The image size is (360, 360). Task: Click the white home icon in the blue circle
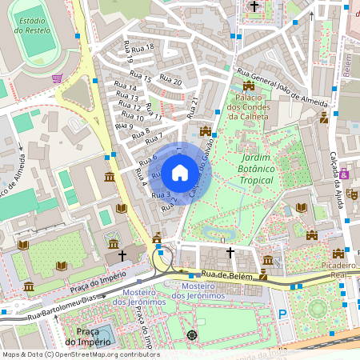click(180, 172)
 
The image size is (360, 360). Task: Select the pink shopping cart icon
click(57, 78)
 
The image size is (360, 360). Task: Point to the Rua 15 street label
click(129, 78)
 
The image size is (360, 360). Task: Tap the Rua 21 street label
click(191, 107)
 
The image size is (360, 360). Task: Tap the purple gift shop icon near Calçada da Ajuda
click(344, 173)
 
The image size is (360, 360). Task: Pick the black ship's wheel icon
click(191, 334)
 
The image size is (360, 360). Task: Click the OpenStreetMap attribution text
click(80, 354)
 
